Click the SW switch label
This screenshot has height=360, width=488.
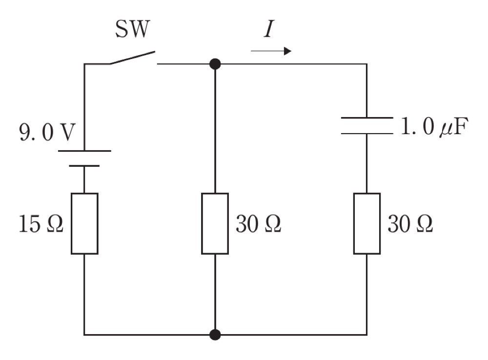[133, 29]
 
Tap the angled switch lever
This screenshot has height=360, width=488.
[132, 58]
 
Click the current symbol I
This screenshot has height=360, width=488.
[268, 29]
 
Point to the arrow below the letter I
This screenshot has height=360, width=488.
[271, 51]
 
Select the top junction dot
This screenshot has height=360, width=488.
[215, 64]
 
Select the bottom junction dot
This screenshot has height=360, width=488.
[215, 335]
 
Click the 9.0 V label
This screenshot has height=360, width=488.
[47, 132]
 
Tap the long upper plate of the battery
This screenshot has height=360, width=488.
[84, 151]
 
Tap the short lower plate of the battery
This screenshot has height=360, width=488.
[84, 166]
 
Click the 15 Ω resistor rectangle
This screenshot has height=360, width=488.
[84, 224]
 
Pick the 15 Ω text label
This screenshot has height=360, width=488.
[41, 224]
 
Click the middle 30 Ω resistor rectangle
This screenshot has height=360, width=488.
[215, 224]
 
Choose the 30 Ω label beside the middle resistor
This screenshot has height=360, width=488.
[258, 224]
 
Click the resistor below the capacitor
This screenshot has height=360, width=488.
[367, 224]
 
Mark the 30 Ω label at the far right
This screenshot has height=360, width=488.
[410, 224]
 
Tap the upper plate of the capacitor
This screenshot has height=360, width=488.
[367, 118]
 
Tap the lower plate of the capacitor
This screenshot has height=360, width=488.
[367, 134]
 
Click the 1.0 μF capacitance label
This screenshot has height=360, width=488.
[434, 127]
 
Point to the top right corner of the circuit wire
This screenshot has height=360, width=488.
[367, 64]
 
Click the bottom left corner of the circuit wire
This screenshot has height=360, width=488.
[84, 335]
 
